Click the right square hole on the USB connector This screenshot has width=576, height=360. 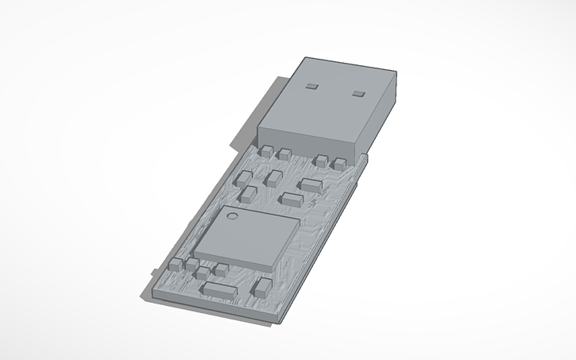(358, 95)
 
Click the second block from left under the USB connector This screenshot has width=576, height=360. (284, 153)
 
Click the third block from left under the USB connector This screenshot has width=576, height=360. (321, 161)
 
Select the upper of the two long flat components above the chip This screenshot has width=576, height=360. (310, 184)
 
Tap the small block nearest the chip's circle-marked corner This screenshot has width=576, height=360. (247, 193)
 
